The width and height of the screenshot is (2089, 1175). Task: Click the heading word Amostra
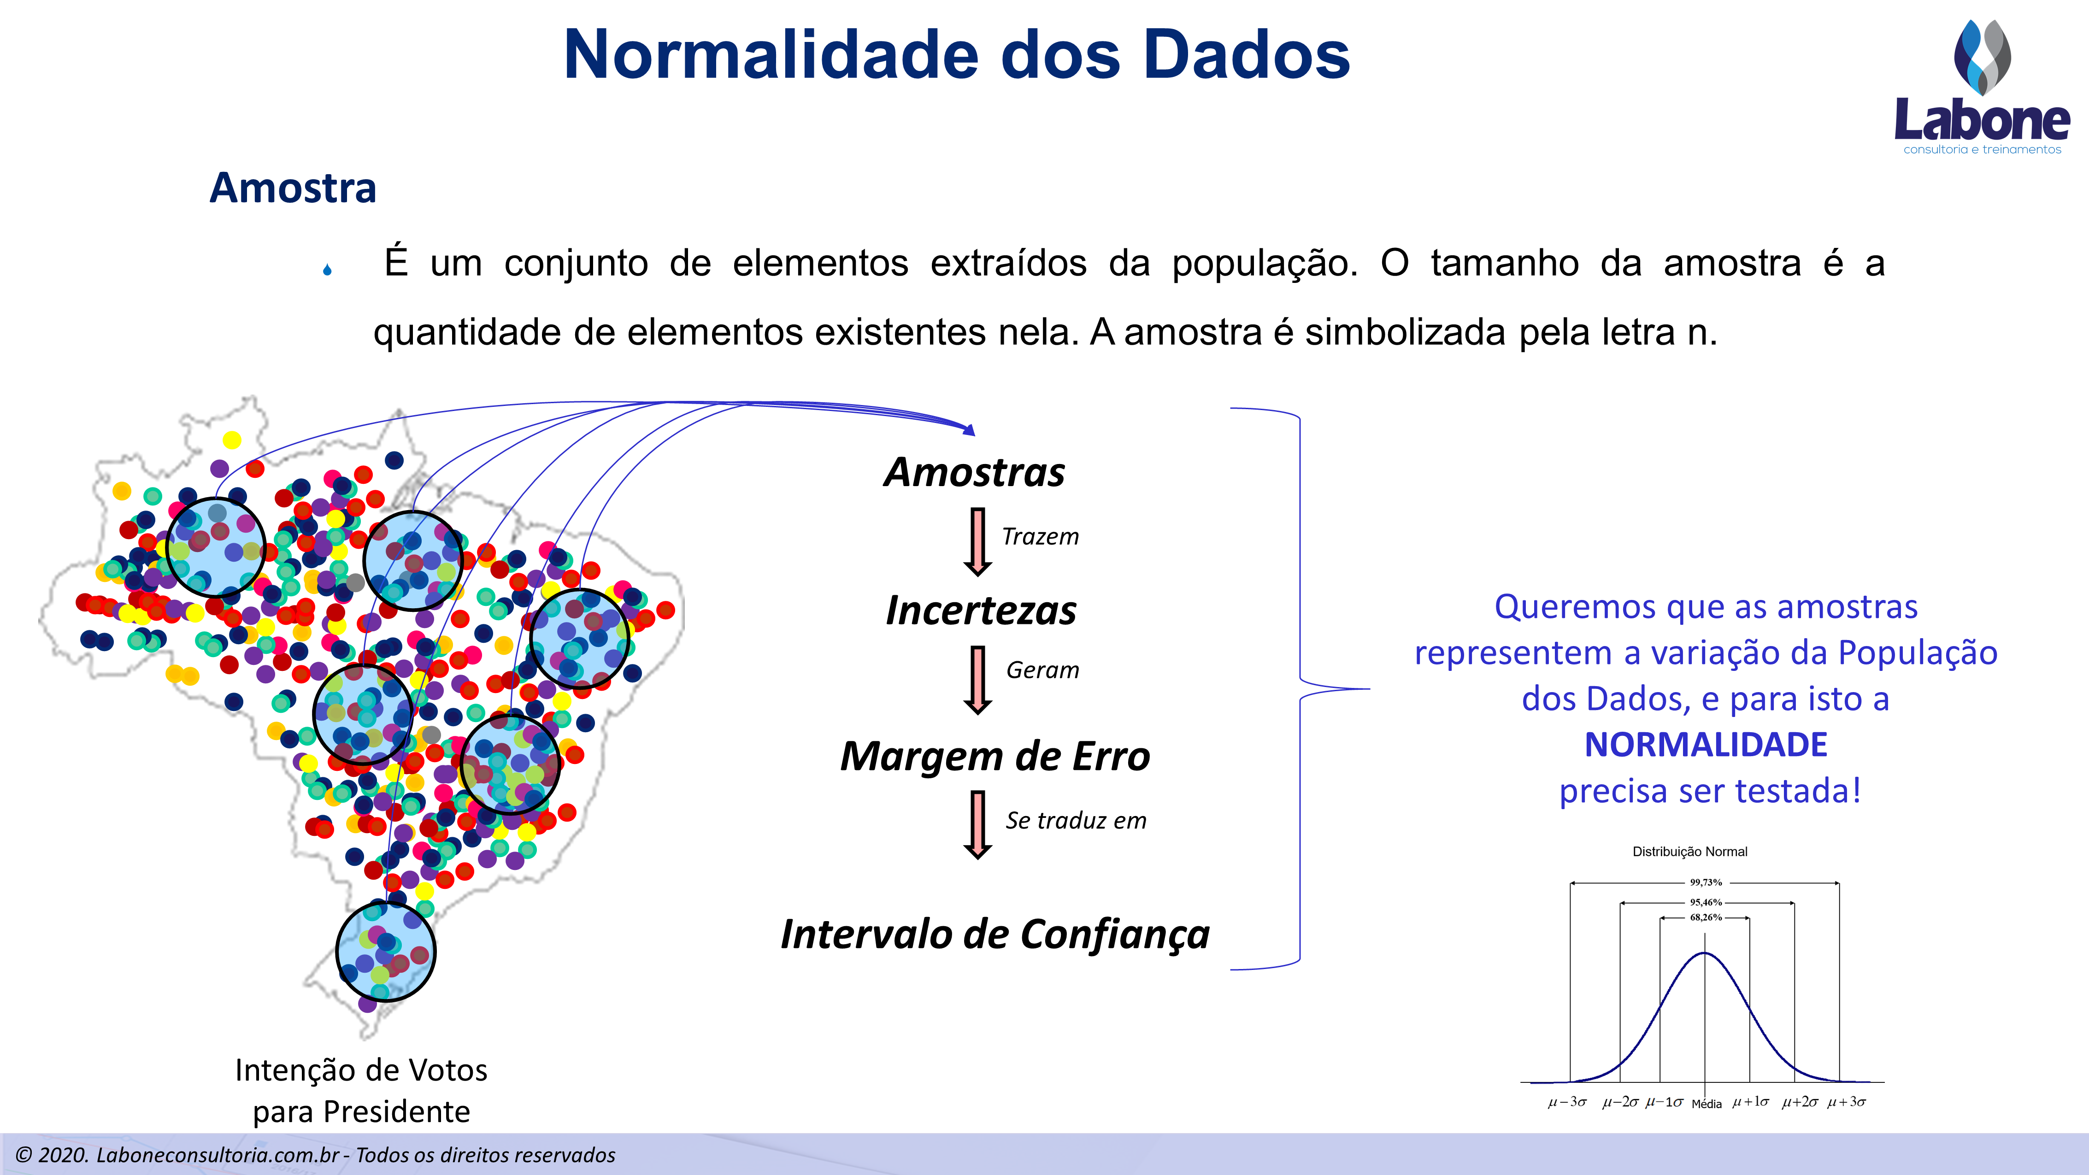[x=293, y=188]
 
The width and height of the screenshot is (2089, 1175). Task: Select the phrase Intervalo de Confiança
[x=995, y=934]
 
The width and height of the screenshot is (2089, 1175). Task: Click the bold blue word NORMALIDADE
[x=1706, y=745]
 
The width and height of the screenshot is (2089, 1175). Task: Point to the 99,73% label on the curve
[x=1706, y=882]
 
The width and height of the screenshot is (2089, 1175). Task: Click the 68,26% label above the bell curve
[x=1706, y=917]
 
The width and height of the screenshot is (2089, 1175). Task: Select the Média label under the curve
[x=1706, y=1104]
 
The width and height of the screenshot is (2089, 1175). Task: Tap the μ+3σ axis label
[x=1847, y=1101]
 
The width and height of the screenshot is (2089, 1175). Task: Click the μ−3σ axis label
[x=1567, y=1101]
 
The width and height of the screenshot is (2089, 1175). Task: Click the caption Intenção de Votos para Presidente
[x=361, y=1091]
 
